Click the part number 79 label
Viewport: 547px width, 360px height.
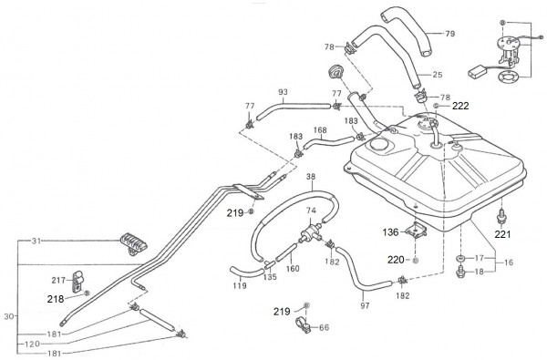click(x=450, y=34)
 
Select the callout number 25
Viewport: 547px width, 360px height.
click(x=437, y=75)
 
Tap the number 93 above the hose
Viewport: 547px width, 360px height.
click(x=283, y=92)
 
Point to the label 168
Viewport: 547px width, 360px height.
click(x=320, y=130)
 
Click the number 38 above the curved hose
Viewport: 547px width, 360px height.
click(x=311, y=177)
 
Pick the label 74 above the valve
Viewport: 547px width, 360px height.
click(x=311, y=211)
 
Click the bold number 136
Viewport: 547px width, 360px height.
click(x=390, y=232)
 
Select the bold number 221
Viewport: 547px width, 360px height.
click(x=502, y=234)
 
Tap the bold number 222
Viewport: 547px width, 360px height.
click(x=460, y=106)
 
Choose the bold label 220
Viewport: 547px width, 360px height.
click(x=396, y=260)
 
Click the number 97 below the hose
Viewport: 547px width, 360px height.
click(x=365, y=306)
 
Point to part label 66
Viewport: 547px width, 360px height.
click(x=324, y=327)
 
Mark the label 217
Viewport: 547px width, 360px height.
click(x=58, y=280)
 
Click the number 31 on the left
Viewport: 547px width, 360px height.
click(x=36, y=241)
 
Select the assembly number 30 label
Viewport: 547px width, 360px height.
click(x=9, y=317)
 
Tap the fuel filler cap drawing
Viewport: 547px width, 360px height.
click(x=335, y=72)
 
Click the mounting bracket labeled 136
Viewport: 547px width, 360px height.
click(x=416, y=230)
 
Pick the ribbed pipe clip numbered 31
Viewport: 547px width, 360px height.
click(x=133, y=243)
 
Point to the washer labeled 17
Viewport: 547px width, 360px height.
click(x=460, y=259)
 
